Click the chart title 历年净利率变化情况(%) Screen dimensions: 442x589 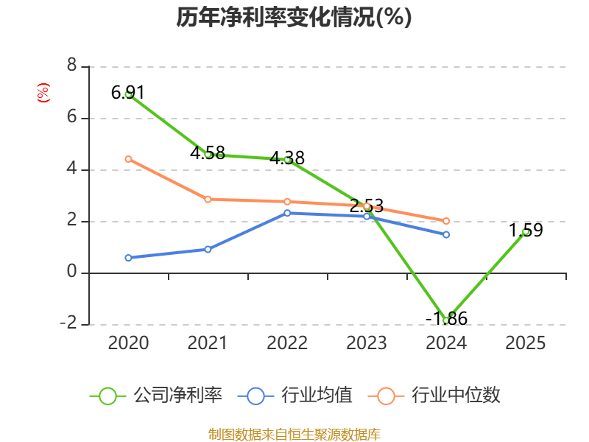(x=294, y=18)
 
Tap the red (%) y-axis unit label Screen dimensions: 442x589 (x=43, y=93)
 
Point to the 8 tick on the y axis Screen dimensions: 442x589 (x=71, y=66)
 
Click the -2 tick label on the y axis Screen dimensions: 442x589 (x=68, y=324)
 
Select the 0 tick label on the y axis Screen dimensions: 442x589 (x=71, y=273)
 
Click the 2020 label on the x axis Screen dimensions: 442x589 (x=128, y=343)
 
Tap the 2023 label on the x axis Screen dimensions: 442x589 (x=367, y=343)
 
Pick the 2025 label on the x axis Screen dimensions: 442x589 (x=526, y=343)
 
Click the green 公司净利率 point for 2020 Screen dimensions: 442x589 (x=128, y=94)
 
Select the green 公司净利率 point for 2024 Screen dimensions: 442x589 (x=446, y=320)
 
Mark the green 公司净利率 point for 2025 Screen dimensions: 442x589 (x=526, y=231)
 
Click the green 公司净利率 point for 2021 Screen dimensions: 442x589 (x=208, y=155)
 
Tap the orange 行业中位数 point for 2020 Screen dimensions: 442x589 (x=128, y=159)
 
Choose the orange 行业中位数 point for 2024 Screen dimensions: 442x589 (x=446, y=221)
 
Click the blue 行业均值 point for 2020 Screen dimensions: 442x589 (x=128, y=258)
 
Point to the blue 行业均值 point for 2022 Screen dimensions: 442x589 (x=287, y=213)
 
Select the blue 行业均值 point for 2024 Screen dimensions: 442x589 (x=446, y=234)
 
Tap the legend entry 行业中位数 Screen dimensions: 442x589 (x=439, y=396)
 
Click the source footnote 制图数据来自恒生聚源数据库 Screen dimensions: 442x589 (x=294, y=434)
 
